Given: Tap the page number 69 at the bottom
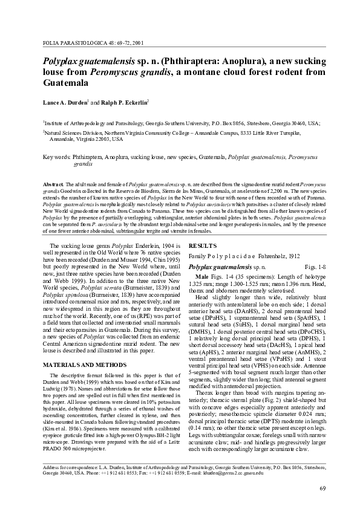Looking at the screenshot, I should (322, 488).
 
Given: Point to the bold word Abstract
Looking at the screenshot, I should (53, 183).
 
